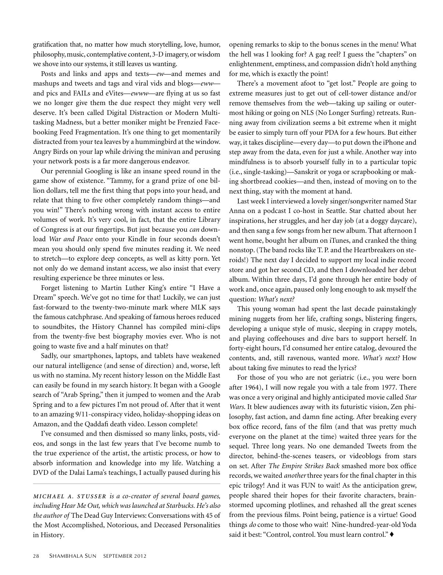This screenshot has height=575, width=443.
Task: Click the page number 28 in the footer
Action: point(36,556)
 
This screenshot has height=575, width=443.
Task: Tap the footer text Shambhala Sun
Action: point(73,556)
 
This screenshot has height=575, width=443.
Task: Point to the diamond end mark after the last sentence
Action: point(392,534)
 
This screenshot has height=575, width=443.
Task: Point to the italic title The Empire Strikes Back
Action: point(300,466)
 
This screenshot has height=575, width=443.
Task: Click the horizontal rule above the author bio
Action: point(126,484)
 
